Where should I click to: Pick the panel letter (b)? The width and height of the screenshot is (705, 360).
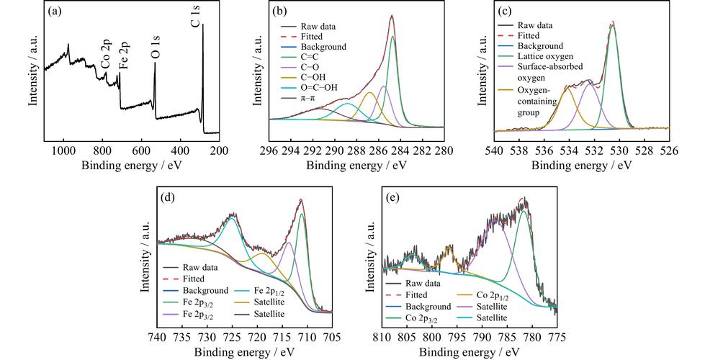pos(278,13)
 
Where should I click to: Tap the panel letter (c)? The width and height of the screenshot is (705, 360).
pos(504,13)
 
